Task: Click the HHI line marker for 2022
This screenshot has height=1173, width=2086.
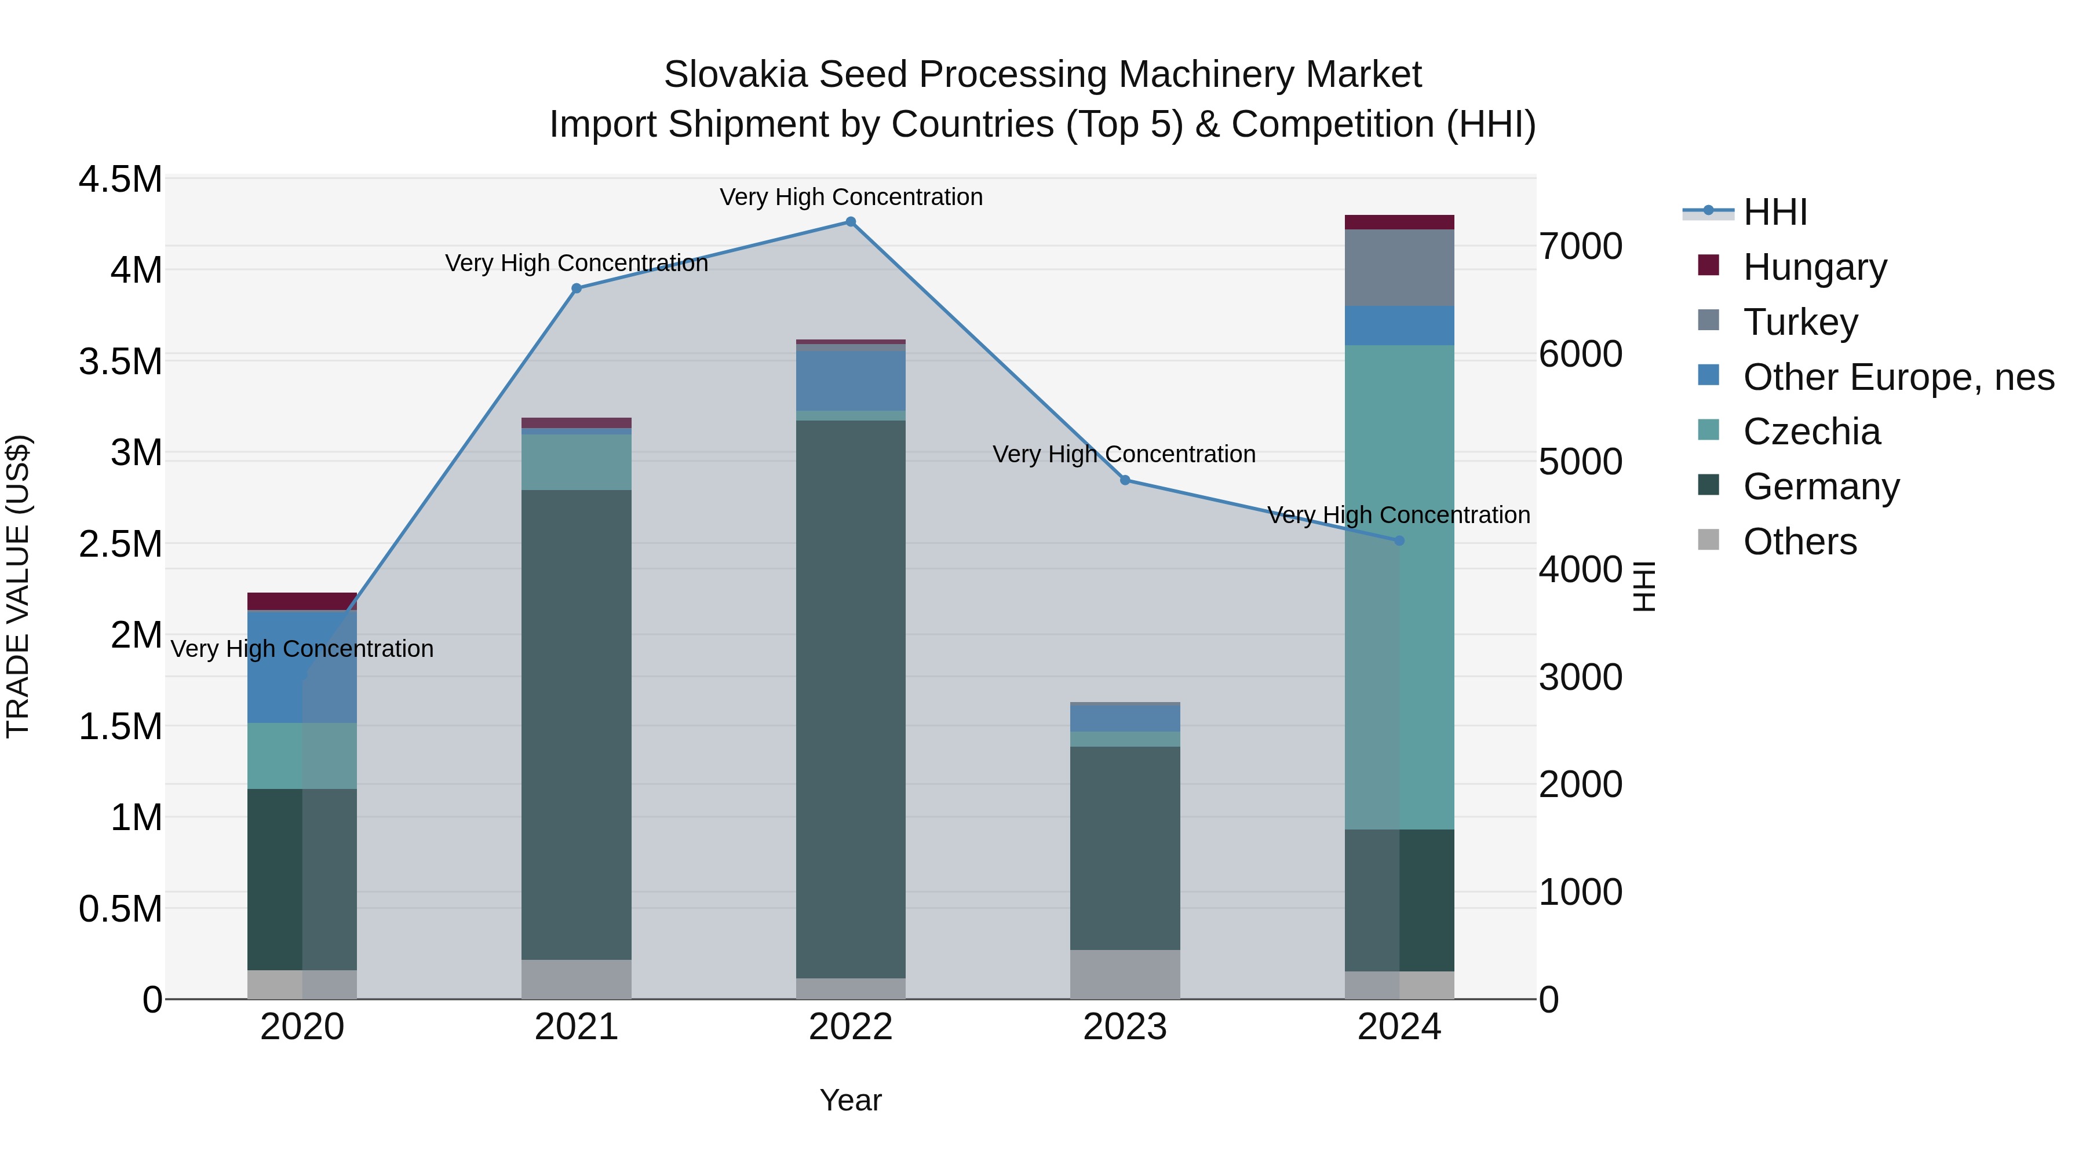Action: pyautogui.click(x=850, y=222)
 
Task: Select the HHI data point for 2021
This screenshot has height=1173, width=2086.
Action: pyautogui.click(x=577, y=288)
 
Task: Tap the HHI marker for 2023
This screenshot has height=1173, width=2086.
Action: pyautogui.click(x=1125, y=480)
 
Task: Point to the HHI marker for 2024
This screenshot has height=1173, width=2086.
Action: pyautogui.click(x=1399, y=541)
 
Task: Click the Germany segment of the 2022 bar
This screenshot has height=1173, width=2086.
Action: pyautogui.click(x=850, y=696)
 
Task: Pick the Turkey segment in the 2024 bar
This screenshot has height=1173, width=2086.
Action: pyautogui.click(x=1399, y=267)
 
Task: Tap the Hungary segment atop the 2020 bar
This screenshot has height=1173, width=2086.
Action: pyautogui.click(x=301, y=601)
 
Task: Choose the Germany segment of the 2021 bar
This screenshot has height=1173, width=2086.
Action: pyautogui.click(x=577, y=725)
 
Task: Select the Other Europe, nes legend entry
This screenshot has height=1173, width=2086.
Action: pyautogui.click(x=1897, y=377)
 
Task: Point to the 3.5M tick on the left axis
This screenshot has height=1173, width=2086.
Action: pyautogui.click(x=120, y=361)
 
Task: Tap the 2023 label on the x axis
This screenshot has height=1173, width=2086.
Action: pyautogui.click(x=1125, y=1027)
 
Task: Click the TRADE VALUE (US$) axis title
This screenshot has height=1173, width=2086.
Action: pyautogui.click(x=18, y=586)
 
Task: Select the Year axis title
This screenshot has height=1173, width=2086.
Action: pyautogui.click(x=850, y=1100)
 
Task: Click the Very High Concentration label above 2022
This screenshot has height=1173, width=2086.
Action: pyautogui.click(x=850, y=197)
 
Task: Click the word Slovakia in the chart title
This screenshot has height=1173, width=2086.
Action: pyautogui.click(x=735, y=75)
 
